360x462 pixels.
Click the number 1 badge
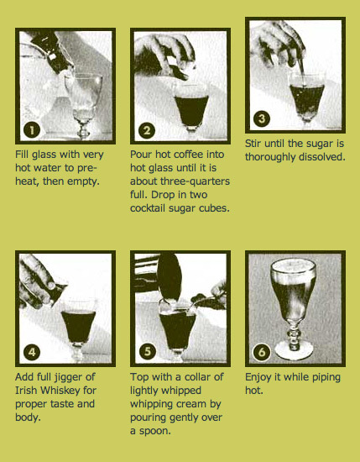coord(32,130)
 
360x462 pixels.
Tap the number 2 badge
coord(147,130)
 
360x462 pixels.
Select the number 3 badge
coord(262,119)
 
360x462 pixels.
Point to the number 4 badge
coord(32,352)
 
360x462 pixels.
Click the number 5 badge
coord(147,352)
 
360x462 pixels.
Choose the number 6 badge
coord(262,352)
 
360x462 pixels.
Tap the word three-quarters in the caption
coord(195,181)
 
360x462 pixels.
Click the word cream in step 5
coord(194,404)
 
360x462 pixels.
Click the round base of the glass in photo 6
coord(294,350)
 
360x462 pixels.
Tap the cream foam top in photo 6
coord(294,265)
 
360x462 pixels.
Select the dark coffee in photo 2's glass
coord(191,110)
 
